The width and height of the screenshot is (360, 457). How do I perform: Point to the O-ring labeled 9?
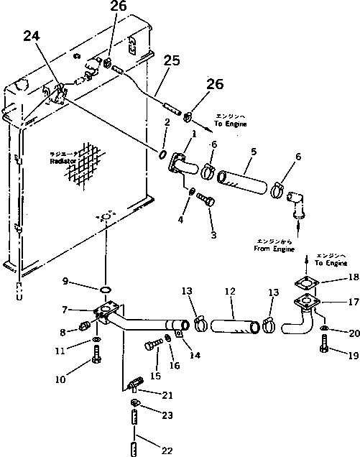point(105,290)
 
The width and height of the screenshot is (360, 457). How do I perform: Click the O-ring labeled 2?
point(165,154)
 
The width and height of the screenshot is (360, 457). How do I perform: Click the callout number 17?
point(352,303)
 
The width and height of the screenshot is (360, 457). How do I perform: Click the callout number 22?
point(167,451)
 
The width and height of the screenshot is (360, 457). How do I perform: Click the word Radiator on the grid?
point(63,162)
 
